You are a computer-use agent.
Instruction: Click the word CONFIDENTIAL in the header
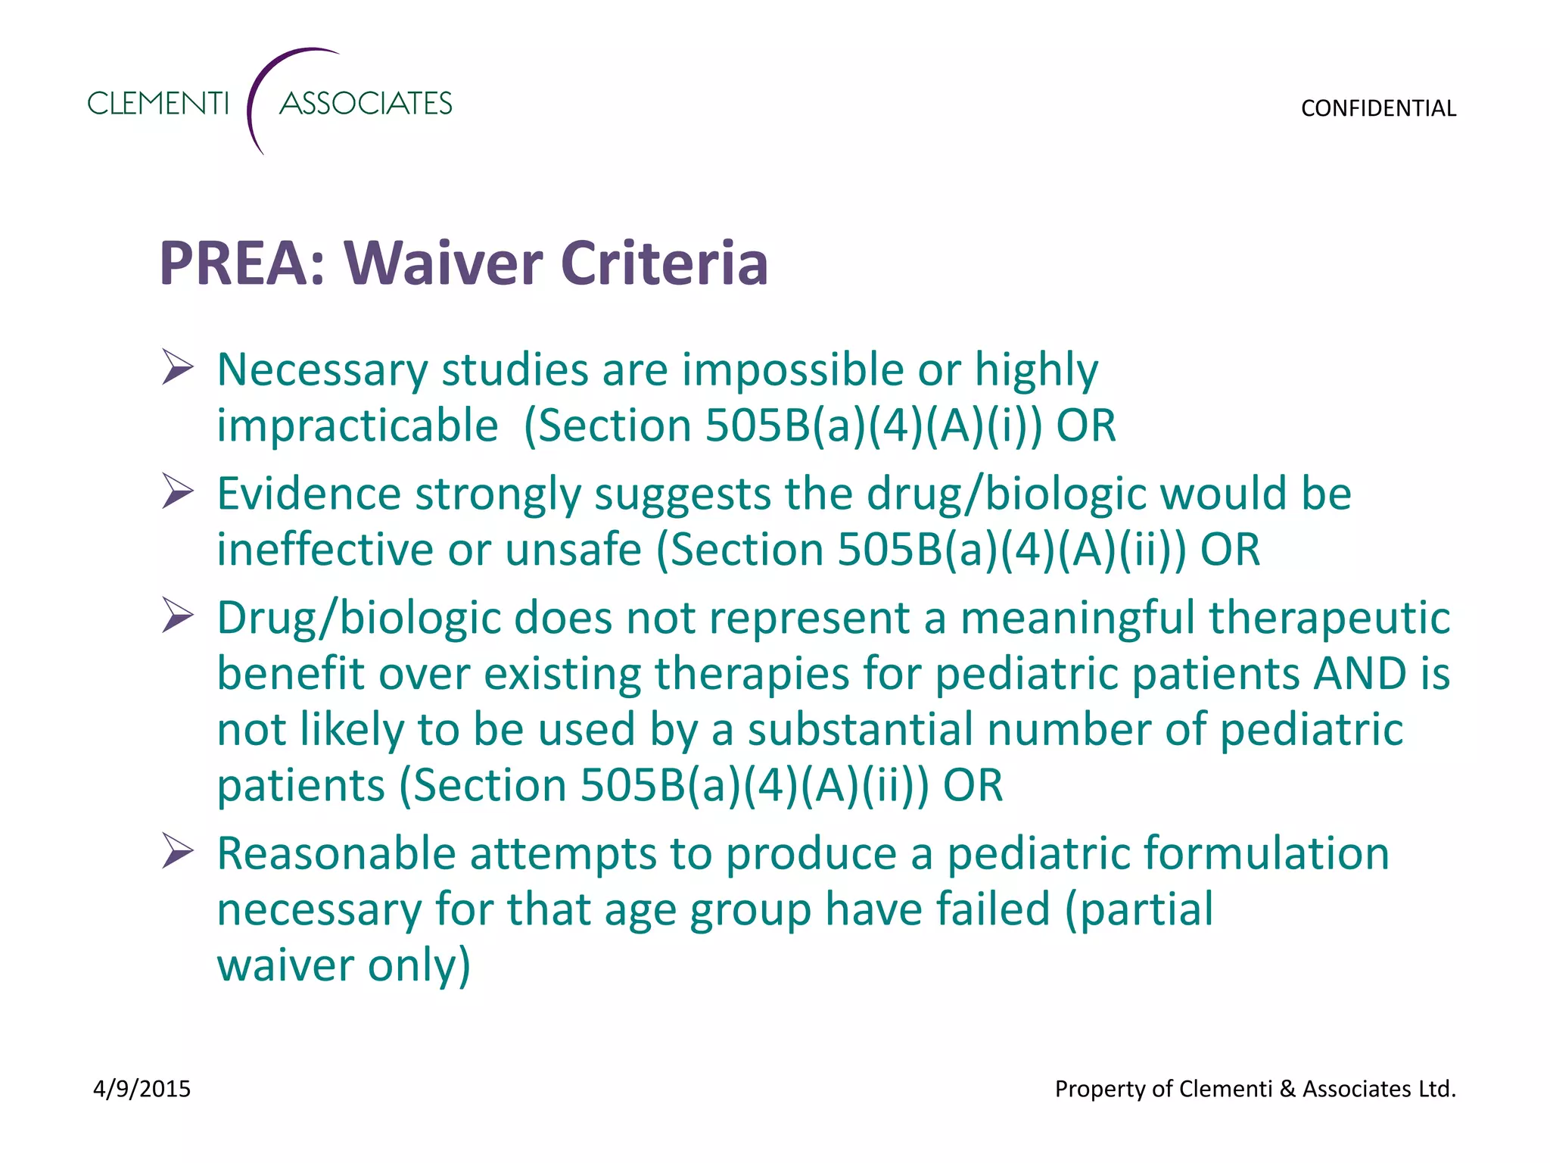(1377, 108)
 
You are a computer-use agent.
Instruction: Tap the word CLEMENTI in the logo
(157, 103)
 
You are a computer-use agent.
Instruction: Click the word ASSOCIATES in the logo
(366, 103)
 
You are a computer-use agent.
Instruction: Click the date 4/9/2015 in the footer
(142, 1089)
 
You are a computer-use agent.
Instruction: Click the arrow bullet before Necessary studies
(178, 368)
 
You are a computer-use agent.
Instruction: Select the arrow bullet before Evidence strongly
(178, 492)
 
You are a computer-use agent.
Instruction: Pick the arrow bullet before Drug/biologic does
(178, 616)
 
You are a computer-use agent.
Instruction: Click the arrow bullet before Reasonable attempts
(178, 852)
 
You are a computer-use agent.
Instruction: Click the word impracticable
(357, 426)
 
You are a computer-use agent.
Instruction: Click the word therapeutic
(1329, 617)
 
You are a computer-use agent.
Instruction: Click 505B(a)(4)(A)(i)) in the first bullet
(873, 426)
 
